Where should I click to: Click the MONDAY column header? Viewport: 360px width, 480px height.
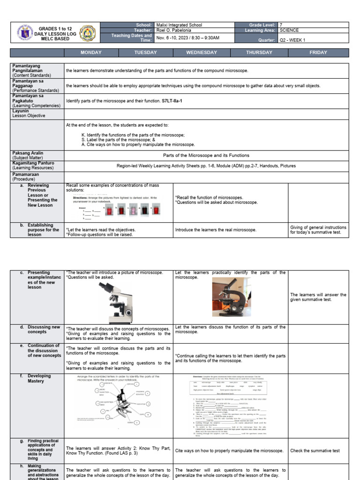(x=91, y=52)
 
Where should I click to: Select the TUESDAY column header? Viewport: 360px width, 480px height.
(x=145, y=52)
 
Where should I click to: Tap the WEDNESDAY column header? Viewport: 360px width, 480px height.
(x=202, y=52)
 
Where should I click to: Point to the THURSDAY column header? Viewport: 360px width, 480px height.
(x=259, y=52)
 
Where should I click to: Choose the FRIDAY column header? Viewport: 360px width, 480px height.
(x=318, y=52)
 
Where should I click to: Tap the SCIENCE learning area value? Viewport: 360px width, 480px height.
(x=289, y=30)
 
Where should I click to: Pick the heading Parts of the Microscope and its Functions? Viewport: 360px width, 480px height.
(x=206, y=155)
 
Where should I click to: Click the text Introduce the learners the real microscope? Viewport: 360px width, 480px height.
(x=216, y=230)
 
